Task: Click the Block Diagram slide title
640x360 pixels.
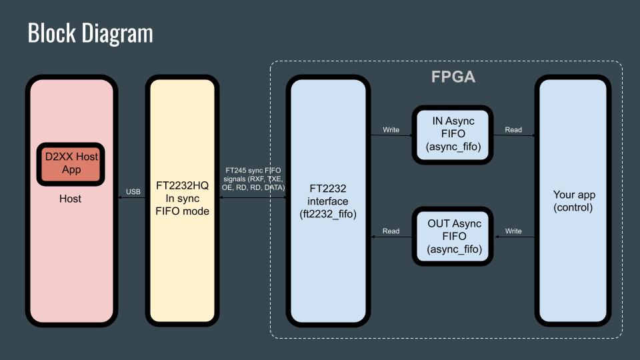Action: coord(90,33)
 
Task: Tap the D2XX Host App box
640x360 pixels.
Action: coord(71,164)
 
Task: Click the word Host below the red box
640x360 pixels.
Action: coord(70,199)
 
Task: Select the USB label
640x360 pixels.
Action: coord(133,191)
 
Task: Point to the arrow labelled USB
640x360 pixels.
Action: coord(131,197)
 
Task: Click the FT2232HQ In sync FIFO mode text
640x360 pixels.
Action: coord(182,199)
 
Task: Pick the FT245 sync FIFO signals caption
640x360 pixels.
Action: coord(253,179)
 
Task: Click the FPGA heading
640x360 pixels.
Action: coord(453,77)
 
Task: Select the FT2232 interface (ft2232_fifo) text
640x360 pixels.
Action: coord(328,201)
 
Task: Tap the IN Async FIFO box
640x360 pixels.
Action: coord(453,135)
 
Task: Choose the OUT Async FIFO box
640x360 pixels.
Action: coord(453,236)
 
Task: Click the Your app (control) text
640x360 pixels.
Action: coord(573,201)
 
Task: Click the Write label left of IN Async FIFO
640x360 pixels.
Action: coord(391,130)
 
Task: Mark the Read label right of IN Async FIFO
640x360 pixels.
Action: coord(513,130)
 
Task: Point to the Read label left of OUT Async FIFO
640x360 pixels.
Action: coord(391,231)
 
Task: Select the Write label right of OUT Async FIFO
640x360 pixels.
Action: coord(513,231)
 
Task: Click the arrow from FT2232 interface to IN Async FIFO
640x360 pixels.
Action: coord(391,135)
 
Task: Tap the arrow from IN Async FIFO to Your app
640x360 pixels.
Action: coord(514,135)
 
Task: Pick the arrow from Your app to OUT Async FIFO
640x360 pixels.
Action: coord(514,237)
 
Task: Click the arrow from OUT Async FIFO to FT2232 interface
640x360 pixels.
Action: coord(391,237)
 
